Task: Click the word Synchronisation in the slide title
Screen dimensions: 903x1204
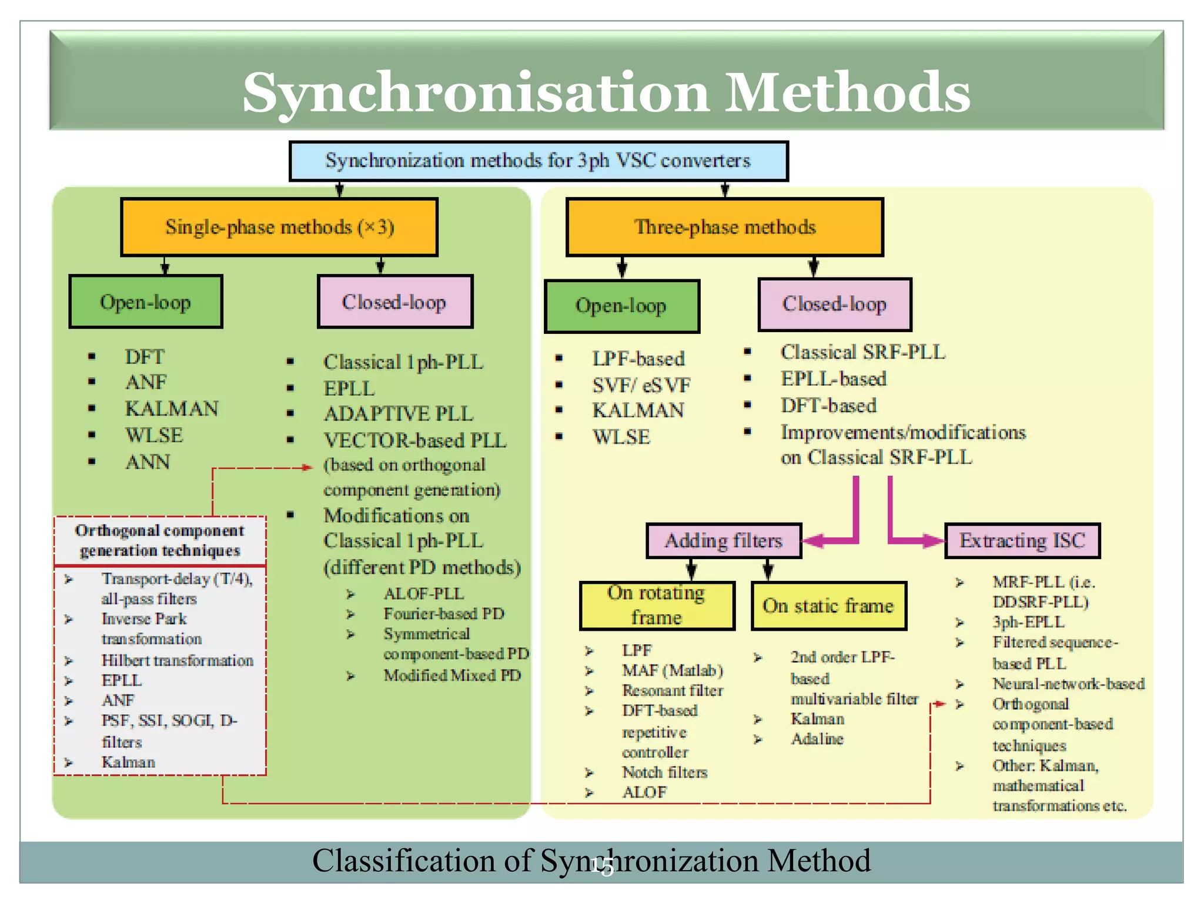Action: (476, 93)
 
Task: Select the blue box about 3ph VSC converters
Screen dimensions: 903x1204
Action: (538, 160)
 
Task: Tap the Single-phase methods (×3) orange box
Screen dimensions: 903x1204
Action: (279, 227)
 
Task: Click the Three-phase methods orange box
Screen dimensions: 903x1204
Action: (724, 227)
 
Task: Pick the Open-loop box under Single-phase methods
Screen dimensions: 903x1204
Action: (146, 302)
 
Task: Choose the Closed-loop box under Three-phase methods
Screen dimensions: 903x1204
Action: (834, 304)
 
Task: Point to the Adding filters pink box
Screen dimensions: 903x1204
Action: (723, 540)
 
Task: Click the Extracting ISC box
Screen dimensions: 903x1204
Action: (1022, 540)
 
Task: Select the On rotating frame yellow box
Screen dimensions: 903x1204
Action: (657, 606)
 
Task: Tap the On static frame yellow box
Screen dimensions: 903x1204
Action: (828, 606)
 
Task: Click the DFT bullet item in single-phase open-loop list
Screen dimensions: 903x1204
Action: (145, 356)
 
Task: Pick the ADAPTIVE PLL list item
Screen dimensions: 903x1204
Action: (398, 414)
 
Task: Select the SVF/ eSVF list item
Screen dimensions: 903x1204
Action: (641, 385)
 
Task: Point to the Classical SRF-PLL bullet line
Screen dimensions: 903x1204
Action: (862, 352)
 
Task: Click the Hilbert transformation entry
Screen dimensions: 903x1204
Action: (177, 660)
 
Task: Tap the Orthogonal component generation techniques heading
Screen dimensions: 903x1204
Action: (160, 540)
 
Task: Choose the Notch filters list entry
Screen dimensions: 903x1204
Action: (664, 772)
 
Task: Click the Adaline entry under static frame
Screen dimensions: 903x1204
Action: (817, 739)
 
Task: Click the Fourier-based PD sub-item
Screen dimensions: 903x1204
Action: (444, 614)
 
